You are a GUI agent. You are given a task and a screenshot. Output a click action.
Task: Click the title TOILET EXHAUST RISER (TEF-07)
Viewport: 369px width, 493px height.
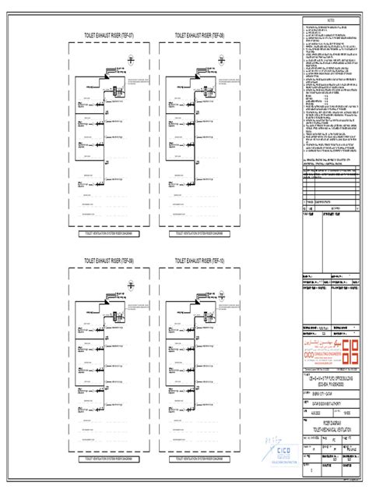[114, 36]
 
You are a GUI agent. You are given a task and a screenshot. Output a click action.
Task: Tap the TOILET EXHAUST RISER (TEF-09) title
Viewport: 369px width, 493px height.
[114, 261]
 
